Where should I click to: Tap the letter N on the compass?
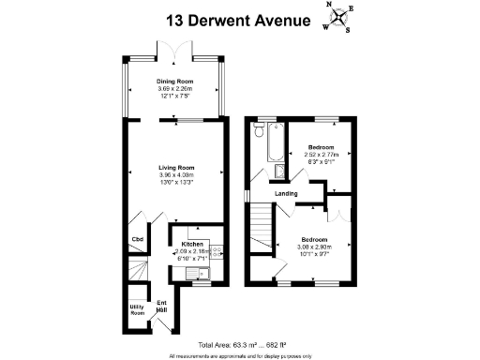tap(330, 6)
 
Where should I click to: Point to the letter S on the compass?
tap(346, 29)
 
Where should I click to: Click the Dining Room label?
tap(174, 82)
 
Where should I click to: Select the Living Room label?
tap(174, 168)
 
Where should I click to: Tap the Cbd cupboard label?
tap(137, 239)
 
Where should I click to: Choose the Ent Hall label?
tap(162, 305)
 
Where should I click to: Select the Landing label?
tap(286, 194)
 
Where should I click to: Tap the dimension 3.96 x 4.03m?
tap(174, 175)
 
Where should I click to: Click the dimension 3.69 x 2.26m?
tap(174, 89)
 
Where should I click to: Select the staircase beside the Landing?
tap(261, 227)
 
